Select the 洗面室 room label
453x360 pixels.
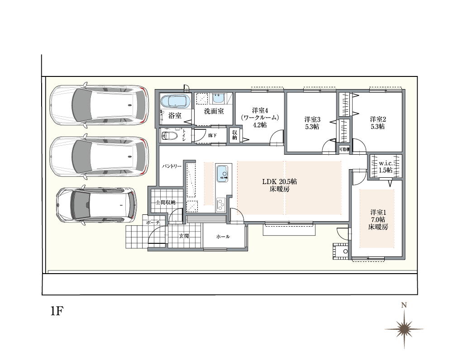click(x=214, y=111)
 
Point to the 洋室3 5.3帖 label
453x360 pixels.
click(x=312, y=123)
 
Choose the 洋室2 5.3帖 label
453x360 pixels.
click(x=377, y=123)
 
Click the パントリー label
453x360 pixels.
click(x=172, y=166)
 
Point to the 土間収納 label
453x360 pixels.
click(x=166, y=202)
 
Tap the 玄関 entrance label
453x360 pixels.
click(x=184, y=236)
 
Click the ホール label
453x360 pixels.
click(x=223, y=237)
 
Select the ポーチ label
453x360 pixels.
click(x=153, y=223)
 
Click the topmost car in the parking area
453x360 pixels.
click(x=98, y=105)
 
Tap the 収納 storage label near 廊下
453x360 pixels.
click(x=234, y=135)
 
